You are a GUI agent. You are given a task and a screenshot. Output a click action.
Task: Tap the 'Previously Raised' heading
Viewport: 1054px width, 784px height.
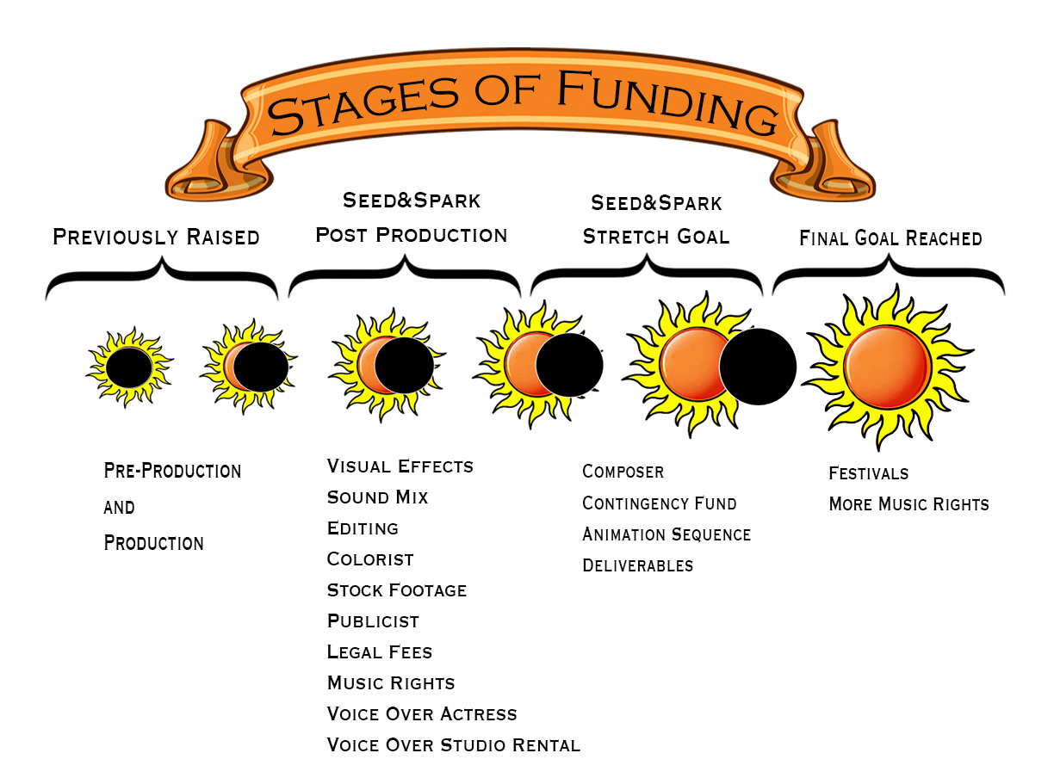pos(156,237)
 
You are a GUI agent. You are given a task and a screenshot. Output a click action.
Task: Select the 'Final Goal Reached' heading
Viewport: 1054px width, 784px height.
pos(890,238)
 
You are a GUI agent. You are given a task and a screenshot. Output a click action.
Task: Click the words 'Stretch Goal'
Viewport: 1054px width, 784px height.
pos(656,237)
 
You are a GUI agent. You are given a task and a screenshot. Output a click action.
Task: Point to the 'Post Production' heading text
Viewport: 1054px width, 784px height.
pos(411,235)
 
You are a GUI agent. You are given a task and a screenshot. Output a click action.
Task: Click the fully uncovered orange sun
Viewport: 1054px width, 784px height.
pos(886,366)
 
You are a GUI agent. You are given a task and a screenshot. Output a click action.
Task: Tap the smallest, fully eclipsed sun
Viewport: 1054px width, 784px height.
pos(129,367)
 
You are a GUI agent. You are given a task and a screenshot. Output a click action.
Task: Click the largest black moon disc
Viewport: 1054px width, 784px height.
pos(757,366)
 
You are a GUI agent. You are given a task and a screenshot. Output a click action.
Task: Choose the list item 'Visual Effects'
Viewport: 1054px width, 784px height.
pos(400,466)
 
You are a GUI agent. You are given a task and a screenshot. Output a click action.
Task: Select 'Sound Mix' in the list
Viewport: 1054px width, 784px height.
pos(377,497)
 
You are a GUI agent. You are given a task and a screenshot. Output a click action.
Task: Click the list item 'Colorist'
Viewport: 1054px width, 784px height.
pos(370,559)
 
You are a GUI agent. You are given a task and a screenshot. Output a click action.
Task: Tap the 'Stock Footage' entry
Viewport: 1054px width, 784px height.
pos(397,590)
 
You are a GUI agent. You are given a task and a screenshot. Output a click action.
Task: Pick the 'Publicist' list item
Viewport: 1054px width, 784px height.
pos(373,621)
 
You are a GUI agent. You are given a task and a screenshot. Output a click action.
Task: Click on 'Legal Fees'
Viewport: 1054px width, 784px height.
pos(380,652)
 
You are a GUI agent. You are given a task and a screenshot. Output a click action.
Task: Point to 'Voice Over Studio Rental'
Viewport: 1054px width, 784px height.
pos(454,745)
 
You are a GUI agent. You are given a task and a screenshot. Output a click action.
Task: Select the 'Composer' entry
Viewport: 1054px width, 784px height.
pos(623,472)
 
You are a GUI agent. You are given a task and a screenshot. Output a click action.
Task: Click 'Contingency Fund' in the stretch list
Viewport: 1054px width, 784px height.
pos(660,503)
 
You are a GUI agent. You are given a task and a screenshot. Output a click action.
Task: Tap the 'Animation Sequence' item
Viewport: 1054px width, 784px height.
pos(666,534)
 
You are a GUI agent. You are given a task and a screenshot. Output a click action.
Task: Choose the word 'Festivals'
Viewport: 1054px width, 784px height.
pos(868,473)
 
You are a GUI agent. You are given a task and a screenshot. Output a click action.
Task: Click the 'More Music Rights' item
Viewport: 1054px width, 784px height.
pos(908,504)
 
